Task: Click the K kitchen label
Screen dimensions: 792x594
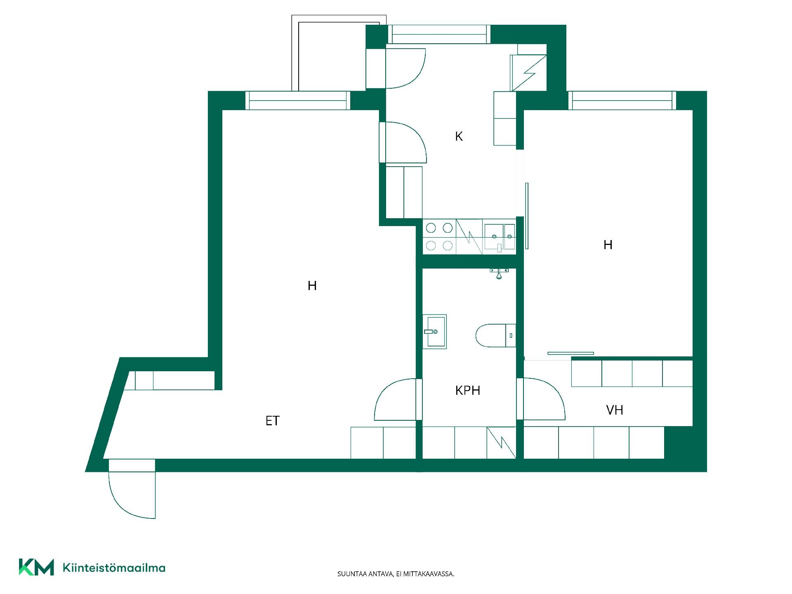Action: pyautogui.click(x=459, y=137)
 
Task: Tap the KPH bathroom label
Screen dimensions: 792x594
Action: pyautogui.click(x=468, y=391)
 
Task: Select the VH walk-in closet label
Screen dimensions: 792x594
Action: pyautogui.click(x=615, y=410)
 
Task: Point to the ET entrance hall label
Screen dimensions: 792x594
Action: pyautogui.click(x=272, y=421)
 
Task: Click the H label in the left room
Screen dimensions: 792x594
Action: pyautogui.click(x=312, y=285)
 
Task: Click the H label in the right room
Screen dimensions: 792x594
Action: pyautogui.click(x=608, y=245)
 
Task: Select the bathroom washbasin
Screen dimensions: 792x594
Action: pyautogui.click(x=434, y=332)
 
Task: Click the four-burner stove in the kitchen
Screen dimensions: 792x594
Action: pyautogui.click(x=439, y=237)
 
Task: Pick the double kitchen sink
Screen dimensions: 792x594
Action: pyautogui.click(x=499, y=237)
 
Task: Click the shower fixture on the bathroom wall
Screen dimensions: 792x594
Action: pyautogui.click(x=499, y=273)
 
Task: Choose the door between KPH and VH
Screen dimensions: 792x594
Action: pyautogui.click(x=541, y=399)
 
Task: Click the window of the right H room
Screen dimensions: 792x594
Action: pyautogui.click(x=622, y=101)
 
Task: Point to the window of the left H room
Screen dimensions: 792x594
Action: pyautogui.click(x=298, y=101)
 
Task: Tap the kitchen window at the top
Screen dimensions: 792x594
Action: pyautogui.click(x=439, y=34)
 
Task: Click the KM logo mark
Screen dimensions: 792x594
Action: pyautogui.click(x=36, y=567)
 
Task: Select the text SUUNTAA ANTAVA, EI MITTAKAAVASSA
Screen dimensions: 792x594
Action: pyautogui.click(x=396, y=574)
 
